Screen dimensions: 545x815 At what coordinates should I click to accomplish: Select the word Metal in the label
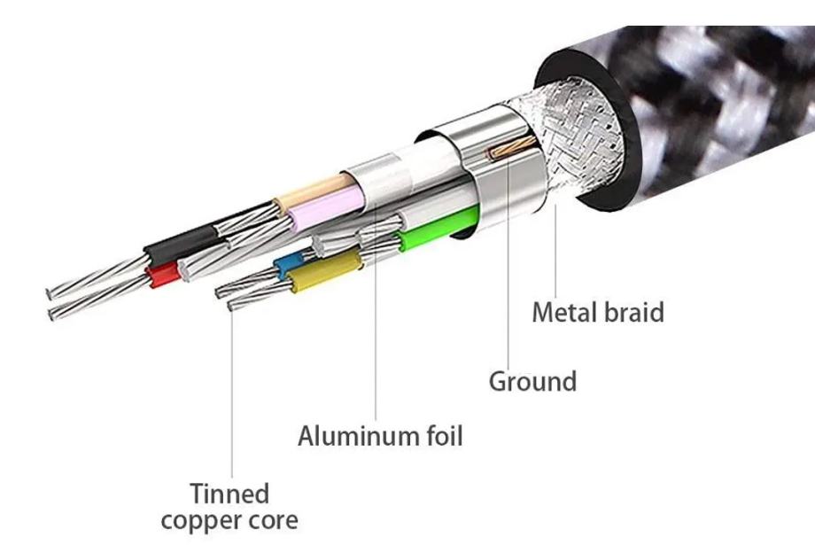tap(565, 312)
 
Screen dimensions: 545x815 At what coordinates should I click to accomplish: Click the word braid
tap(633, 312)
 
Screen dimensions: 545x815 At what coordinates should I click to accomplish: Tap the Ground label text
tap(532, 382)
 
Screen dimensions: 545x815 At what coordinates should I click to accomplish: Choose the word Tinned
tap(229, 494)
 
